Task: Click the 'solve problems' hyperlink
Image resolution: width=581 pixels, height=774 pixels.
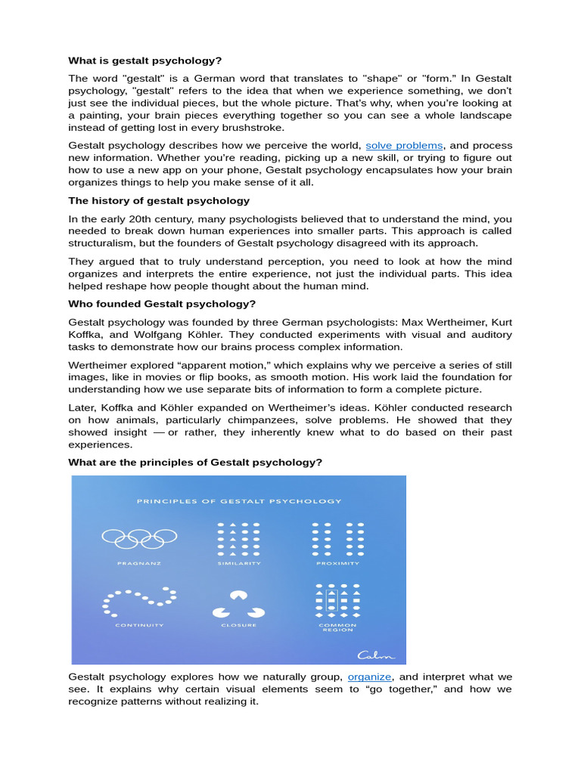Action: click(404, 145)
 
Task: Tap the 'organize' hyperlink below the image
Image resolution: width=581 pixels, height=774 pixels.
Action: click(370, 676)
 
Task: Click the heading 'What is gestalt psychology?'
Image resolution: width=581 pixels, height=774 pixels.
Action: click(145, 60)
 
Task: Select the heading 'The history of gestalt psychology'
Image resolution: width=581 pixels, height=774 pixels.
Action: click(159, 200)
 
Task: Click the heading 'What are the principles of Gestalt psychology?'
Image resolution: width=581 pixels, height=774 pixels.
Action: click(195, 462)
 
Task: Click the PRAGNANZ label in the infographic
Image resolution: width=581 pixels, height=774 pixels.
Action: click(139, 563)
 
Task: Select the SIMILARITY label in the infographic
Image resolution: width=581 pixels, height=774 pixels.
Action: click(239, 563)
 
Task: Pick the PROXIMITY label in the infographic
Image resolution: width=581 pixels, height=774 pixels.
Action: click(338, 563)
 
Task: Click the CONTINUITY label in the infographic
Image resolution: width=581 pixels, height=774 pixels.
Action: click(139, 625)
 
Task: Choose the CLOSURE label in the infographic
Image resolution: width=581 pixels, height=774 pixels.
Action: click(239, 625)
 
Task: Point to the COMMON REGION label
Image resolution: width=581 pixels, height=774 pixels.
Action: click(338, 627)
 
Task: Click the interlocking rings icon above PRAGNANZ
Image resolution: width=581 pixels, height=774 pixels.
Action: click(139, 537)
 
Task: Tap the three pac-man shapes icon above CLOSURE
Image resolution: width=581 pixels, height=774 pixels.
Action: click(238, 603)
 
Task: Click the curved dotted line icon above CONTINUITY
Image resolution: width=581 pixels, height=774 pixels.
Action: click(139, 599)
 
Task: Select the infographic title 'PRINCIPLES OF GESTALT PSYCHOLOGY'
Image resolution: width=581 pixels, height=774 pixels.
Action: click(239, 500)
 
